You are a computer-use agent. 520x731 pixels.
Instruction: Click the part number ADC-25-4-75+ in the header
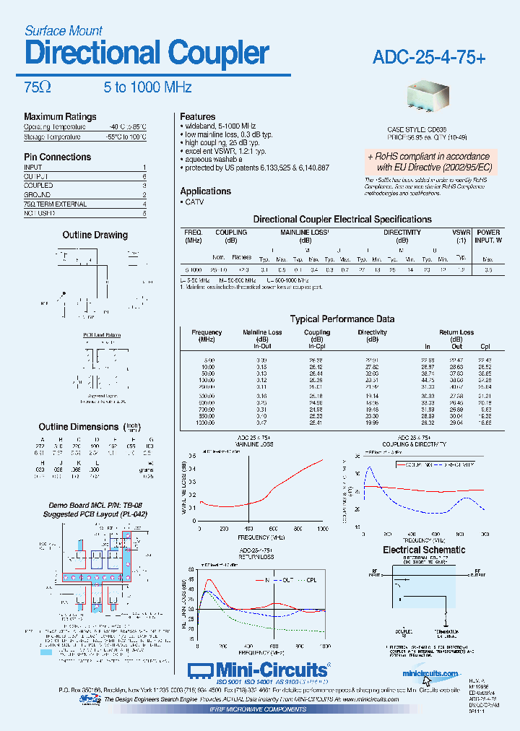point(430,57)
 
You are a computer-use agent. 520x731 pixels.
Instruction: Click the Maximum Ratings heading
point(60,116)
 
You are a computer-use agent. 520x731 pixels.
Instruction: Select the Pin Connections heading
point(58,157)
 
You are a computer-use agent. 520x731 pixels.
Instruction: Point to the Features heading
point(198,116)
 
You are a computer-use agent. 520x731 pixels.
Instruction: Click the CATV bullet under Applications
point(194,202)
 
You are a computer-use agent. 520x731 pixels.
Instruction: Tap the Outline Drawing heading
point(95,235)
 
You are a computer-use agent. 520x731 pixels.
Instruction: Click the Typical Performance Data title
point(342,319)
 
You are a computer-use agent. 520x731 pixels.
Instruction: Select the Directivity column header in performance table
point(373,336)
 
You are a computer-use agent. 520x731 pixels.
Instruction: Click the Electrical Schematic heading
point(424,550)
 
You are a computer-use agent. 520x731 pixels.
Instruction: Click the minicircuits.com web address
point(431,673)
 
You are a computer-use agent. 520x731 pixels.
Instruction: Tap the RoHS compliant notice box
point(429,161)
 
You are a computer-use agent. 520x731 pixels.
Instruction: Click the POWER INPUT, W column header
point(488,235)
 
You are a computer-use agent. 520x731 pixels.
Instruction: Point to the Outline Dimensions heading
point(79,427)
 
